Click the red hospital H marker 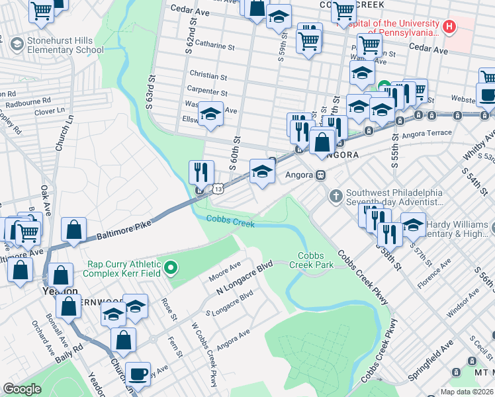[450, 27]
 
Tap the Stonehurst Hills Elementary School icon [17, 44]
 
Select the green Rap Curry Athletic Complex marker [171, 268]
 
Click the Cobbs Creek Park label [316, 260]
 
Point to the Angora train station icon [320, 175]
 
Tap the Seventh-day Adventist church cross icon [336, 196]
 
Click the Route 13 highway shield [218, 190]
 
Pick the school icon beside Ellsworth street [210, 116]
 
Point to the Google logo [22, 389]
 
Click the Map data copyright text [466, 392]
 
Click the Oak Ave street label [45, 199]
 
